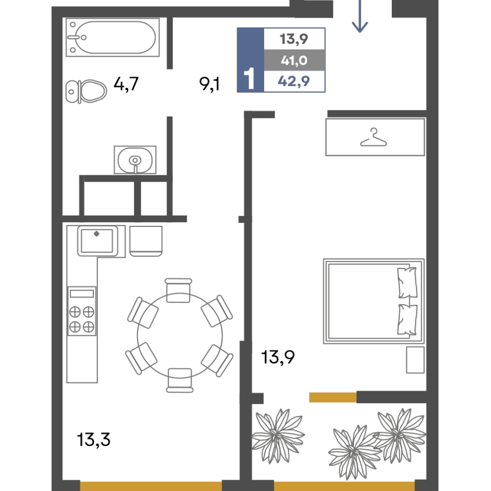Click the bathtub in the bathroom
(x=113, y=37)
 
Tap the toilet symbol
(x=86, y=91)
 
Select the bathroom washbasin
(x=135, y=160)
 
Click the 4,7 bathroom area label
(x=126, y=84)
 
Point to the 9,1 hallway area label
(x=209, y=84)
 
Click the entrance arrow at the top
(x=360, y=16)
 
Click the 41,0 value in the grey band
(x=294, y=60)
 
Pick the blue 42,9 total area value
(x=294, y=82)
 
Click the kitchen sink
(x=97, y=241)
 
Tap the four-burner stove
(x=82, y=311)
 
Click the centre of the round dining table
(x=180, y=336)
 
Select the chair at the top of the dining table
(x=178, y=290)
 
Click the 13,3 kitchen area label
(x=94, y=439)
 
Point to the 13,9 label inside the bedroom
(x=278, y=357)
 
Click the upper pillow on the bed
(x=407, y=282)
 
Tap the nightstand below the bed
(x=415, y=360)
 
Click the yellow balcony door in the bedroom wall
(x=333, y=397)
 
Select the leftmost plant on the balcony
(x=277, y=436)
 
